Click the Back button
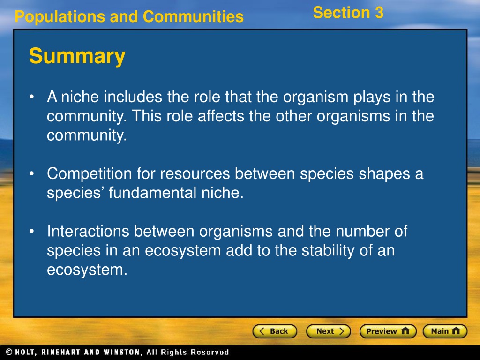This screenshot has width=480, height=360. coord(275,331)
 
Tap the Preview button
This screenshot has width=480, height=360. coord(388,331)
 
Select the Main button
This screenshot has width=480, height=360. coord(445,331)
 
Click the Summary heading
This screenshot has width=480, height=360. coord(77,56)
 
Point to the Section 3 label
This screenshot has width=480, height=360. coord(348,13)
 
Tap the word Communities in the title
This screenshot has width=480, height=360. coord(193,16)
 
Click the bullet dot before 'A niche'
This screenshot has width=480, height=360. coord(31,97)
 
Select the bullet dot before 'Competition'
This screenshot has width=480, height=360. coord(31,173)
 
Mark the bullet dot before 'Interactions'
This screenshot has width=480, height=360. coord(31,231)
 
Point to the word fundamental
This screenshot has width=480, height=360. coord(152,193)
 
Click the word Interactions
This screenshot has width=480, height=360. coord(88,231)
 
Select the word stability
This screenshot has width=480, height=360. coord(328,251)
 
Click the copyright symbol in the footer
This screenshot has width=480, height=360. coord(9,352)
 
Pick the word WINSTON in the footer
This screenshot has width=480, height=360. coord(122,352)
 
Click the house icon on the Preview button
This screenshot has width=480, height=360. coord(405,331)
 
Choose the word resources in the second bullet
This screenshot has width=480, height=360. coord(195,174)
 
